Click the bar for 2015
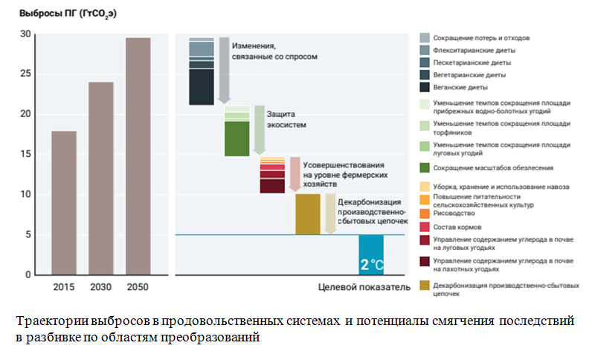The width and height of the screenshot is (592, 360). tap(63, 203)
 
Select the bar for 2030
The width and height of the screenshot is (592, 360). tap(100, 179)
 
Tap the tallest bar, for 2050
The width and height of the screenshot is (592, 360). tap(138, 156)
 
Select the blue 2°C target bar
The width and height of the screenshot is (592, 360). tap(371, 254)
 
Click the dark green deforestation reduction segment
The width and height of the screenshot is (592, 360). tap(237, 138)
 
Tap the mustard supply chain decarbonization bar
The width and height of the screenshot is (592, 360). tap(308, 214)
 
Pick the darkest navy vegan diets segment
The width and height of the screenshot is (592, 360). tap(201, 86)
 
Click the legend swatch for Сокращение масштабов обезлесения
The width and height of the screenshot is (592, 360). tap(425, 167)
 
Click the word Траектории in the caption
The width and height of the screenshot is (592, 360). tap(49, 321)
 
